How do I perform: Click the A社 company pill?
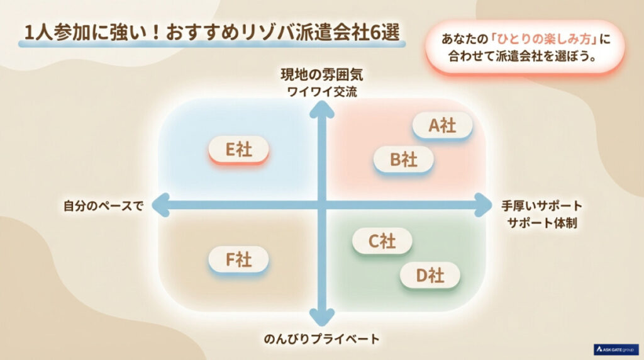point(442,126)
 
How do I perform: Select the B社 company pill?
point(403,160)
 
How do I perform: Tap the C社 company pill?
point(382,241)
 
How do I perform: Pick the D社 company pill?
point(430,275)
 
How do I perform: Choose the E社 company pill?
point(238,149)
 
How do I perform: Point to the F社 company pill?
point(238,260)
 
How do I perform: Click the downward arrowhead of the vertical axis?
point(323,314)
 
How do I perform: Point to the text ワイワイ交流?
point(322,91)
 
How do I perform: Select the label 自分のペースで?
point(104,205)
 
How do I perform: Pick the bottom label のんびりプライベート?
point(322,339)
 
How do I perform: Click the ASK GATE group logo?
point(616,349)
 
